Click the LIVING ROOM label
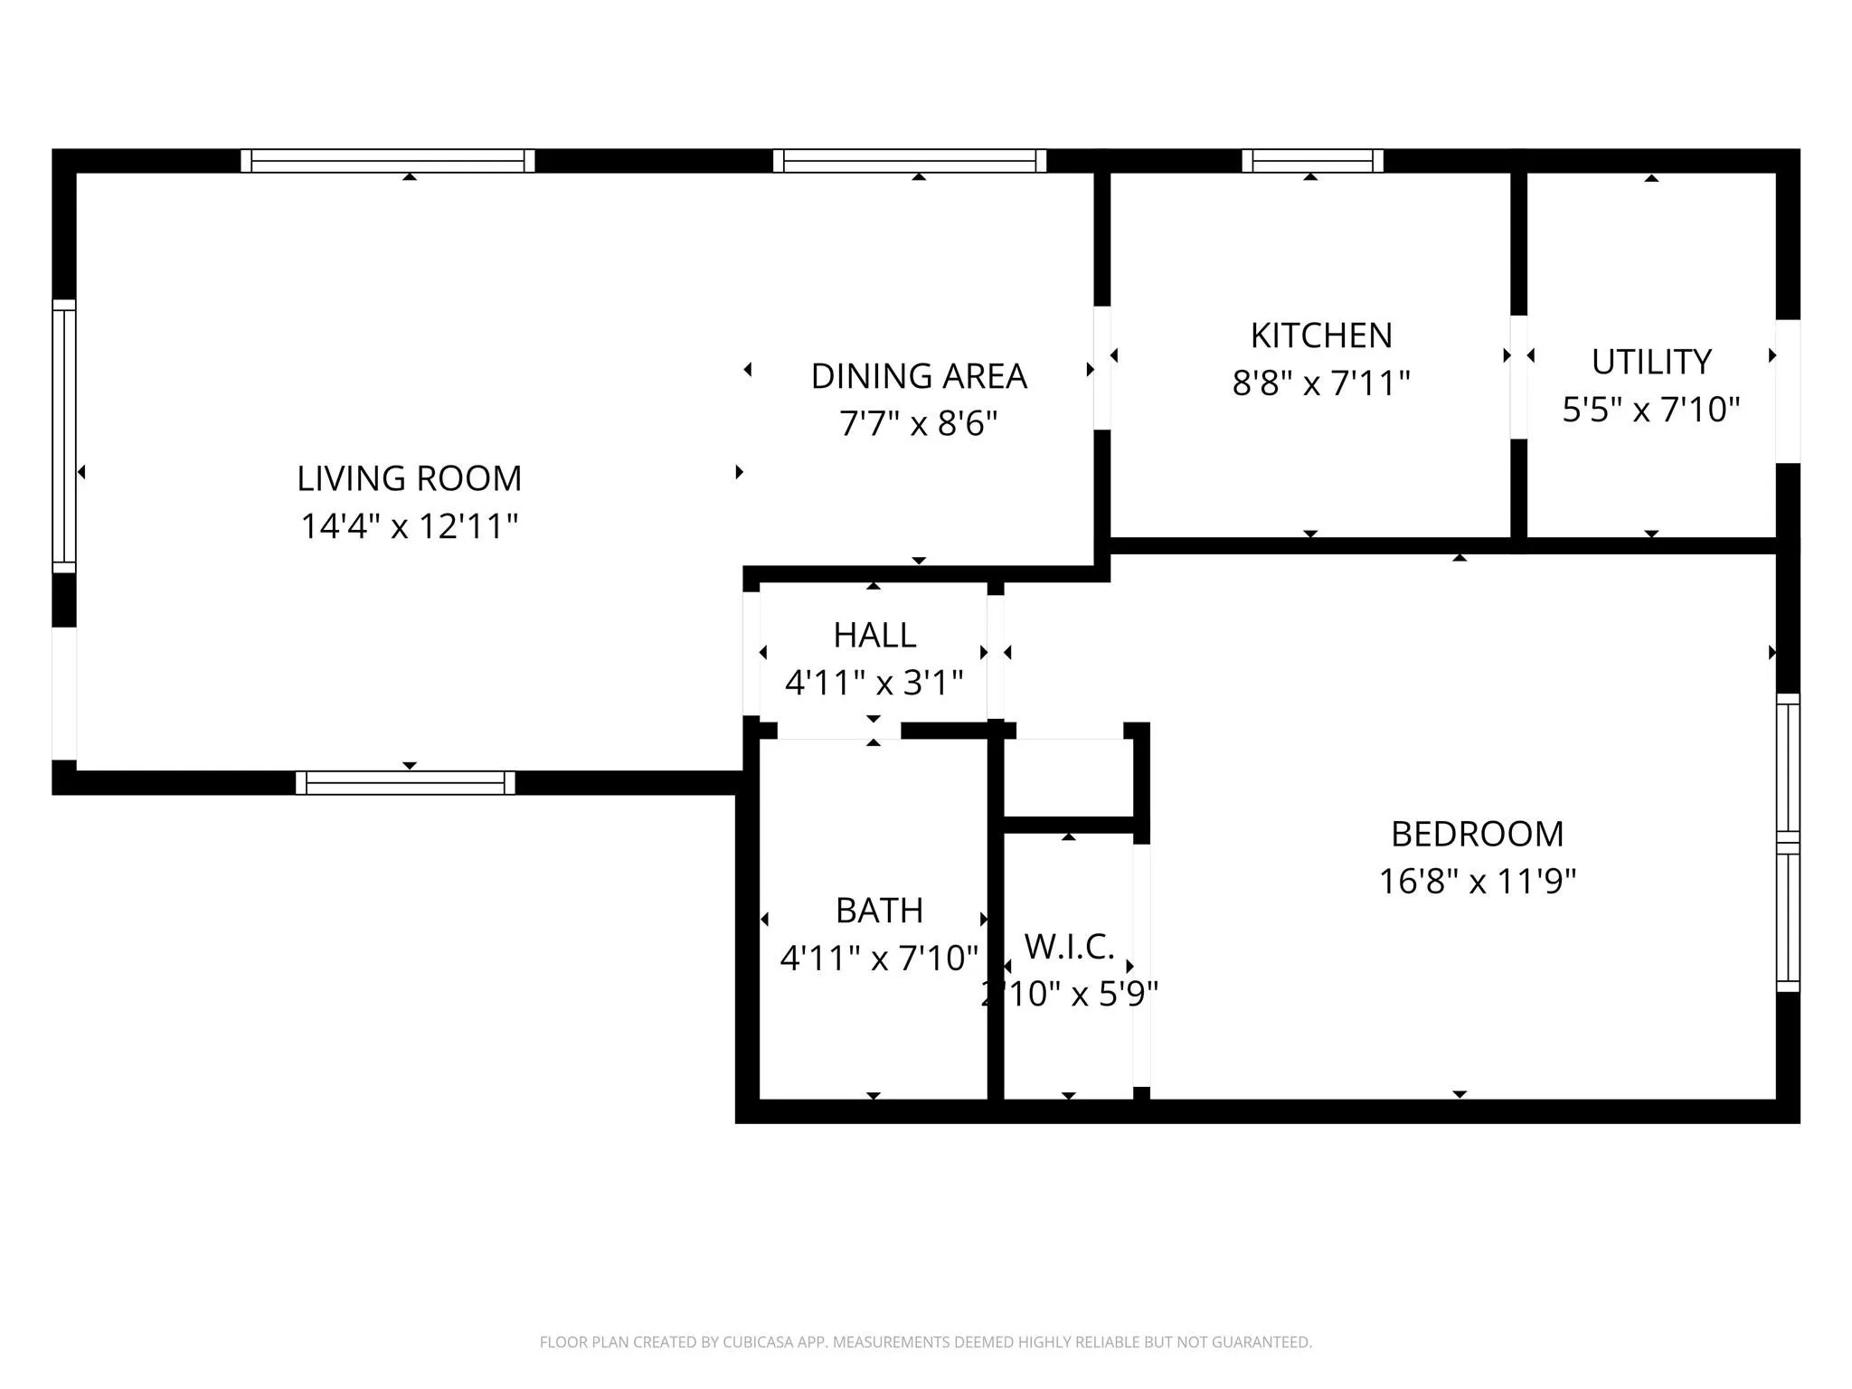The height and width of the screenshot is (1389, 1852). (x=410, y=478)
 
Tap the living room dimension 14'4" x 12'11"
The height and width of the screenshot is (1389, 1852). (x=410, y=526)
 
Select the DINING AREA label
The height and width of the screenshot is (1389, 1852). (x=919, y=376)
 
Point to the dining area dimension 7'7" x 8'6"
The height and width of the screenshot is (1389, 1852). (x=919, y=423)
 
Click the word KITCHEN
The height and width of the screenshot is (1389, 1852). (x=1321, y=335)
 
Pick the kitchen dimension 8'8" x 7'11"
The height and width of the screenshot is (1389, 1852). (x=1321, y=383)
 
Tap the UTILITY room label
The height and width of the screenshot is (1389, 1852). (x=1651, y=362)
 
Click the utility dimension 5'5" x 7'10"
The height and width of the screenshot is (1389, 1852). (x=1651, y=410)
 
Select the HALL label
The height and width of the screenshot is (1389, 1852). (x=874, y=635)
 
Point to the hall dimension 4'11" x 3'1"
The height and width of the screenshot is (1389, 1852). (x=874, y=683)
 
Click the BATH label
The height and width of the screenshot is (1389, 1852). (x=879, y=911)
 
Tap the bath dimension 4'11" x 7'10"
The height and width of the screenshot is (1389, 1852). (x=879, y=958)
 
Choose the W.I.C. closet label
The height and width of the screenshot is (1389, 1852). (x=1069, y=947)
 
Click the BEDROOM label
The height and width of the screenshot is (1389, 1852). (x=1478, y=834)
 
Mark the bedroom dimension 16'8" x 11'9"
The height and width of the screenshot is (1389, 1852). (x=1478, y=881)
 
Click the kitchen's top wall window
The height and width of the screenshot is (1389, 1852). (x=1312, y=161)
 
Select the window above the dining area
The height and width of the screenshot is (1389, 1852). (x=910, y=161)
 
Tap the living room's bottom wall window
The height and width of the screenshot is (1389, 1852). (x=405, y=783)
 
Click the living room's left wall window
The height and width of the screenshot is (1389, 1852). (x=64, y=436)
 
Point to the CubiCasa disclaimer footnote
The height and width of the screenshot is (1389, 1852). (x=925, y=1342)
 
